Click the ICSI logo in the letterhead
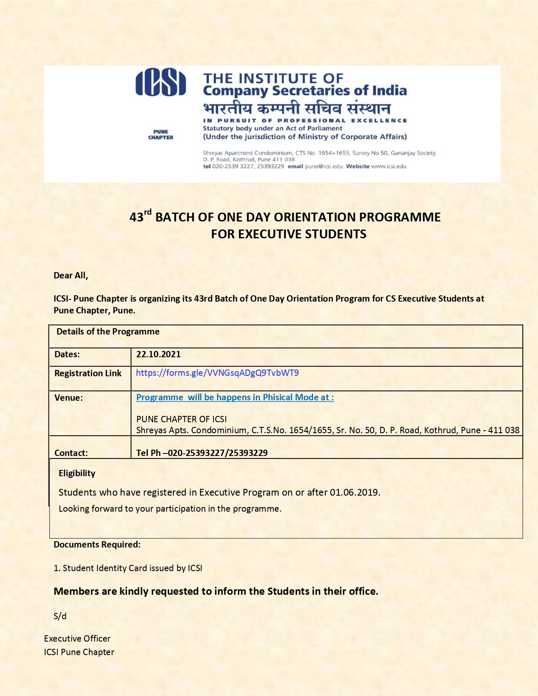point(161,83)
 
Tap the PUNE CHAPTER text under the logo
point(161,135)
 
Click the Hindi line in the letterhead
point(297,108)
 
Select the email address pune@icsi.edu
point(324,166)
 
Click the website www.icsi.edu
point(389,166)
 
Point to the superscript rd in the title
point(148,212)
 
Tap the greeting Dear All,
point(71,275)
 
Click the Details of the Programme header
point(108,332)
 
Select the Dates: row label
point(67,354)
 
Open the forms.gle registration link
point(217,373)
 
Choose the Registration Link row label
point(88,373)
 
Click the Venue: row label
point(68,398)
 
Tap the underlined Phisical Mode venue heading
point(235,397)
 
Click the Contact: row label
point(71,453)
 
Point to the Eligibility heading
point(77,473)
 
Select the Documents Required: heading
point(97,545)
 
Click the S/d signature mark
point(60,616)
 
